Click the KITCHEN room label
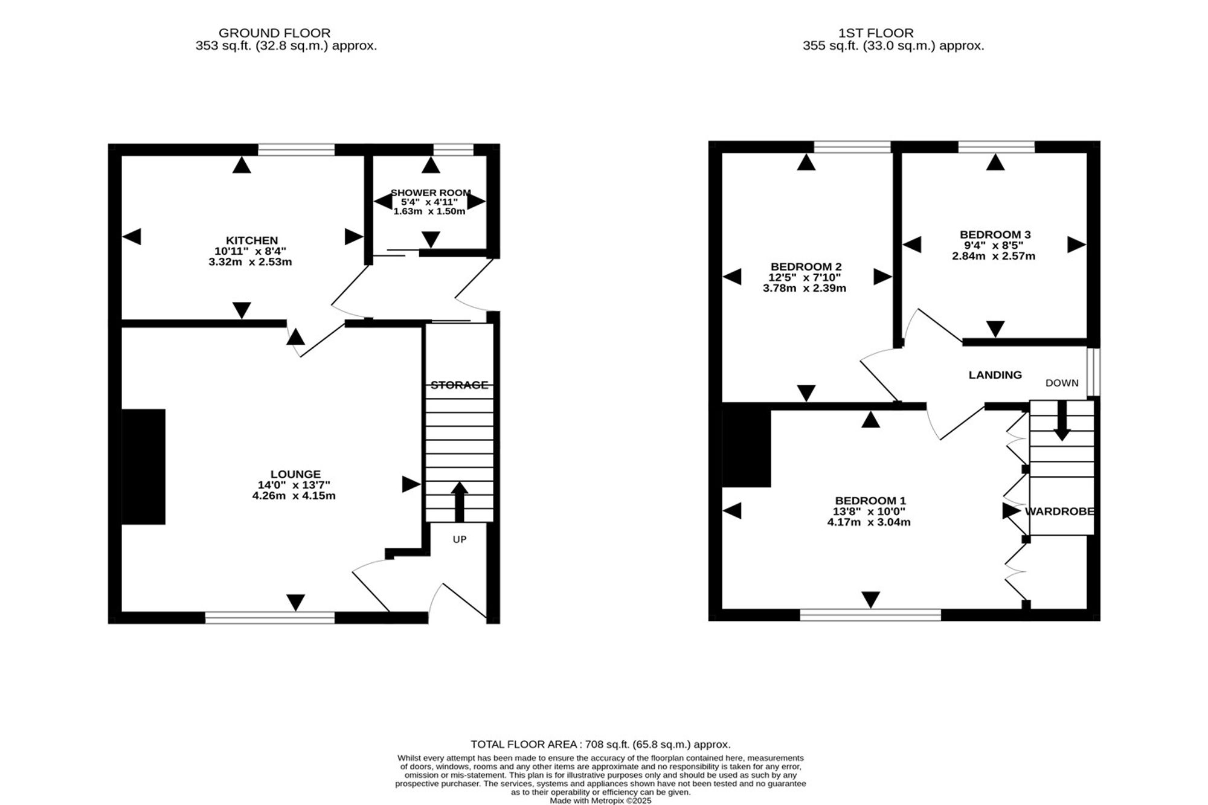pyautogui.click(x=252, y=240)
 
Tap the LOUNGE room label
pyautogui.click(x=295, y=474)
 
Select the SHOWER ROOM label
pyautogui.click(x=431, y=193)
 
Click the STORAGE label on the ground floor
pyautogui.click(x=459, y=385)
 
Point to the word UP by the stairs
pyautogui.click(x=460, y=539)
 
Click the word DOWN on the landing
pyautogui.click(x=1062, y=383)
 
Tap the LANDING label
pyautogui.click(x=995, y=375)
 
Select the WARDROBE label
pyautogui.click(x=1059, y=512)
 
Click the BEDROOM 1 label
pyautogui.click(x=870, y=501)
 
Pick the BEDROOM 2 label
pyautogui.click(x=806, y=266)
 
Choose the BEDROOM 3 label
pyautogui.click(x=995, y=234)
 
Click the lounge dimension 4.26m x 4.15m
pyautogui.click(x=294, y=496)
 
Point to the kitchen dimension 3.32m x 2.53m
pyautogui.click(x=250, y=262)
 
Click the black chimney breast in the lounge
pyautogui.click(x=144, y=467)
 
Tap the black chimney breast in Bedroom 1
pyautogui.click(x=747, y=446)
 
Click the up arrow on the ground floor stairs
pyautogui.click(x=460, y=501)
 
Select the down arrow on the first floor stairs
pyautogui.click(x=1062, y=421)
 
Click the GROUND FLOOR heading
pyautogui.click(x=274, y=33)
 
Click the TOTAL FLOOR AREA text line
pyautogui.click(x=600, y=745)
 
